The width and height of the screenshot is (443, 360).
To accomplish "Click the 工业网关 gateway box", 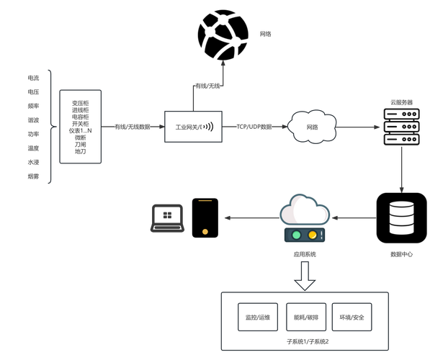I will (x=193, y=127).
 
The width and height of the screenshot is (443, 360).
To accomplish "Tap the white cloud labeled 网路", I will (x=312, y=127).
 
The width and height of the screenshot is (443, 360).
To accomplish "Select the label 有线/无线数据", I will (x=133, y=127).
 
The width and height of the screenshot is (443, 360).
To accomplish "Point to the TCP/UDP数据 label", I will (x=254, y=127).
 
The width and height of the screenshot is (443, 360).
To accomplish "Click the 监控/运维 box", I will (x=257, y=316).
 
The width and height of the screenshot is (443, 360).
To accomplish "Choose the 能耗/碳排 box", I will (x=305, y=316).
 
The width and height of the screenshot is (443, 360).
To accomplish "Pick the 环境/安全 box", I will (x=353, y=316).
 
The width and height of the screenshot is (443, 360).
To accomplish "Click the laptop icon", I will (x=168, y=217).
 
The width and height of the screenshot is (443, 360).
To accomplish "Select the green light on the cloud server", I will (x=295, y=234).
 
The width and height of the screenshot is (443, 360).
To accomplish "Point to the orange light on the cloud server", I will (x=313, y=234).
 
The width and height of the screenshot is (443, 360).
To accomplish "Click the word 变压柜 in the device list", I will (x=81, y=103).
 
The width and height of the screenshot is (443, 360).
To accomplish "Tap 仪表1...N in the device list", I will (x=81, y=130).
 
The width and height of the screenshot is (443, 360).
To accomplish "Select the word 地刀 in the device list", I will (x=81, y=151).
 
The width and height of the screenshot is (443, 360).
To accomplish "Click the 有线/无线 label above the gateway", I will (x=207, y=86).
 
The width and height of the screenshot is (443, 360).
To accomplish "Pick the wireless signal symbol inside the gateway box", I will (x=209, y=127).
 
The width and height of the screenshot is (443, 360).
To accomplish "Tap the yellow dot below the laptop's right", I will (x=205, y=232).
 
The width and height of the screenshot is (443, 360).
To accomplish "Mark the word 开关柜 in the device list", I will (x=81, y=124).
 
